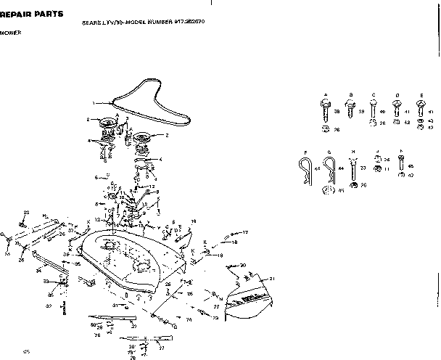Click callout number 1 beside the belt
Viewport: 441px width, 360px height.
(94, 102)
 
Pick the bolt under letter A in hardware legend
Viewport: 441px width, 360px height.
(325, 110)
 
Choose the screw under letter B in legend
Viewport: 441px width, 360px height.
(350, 110)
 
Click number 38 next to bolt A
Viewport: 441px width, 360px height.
(337, 112)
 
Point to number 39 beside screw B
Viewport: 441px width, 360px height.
(362, 112)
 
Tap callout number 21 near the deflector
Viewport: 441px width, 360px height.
(272, 279)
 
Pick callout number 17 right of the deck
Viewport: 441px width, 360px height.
(245, 232)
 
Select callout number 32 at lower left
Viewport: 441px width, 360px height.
(49, 306)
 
